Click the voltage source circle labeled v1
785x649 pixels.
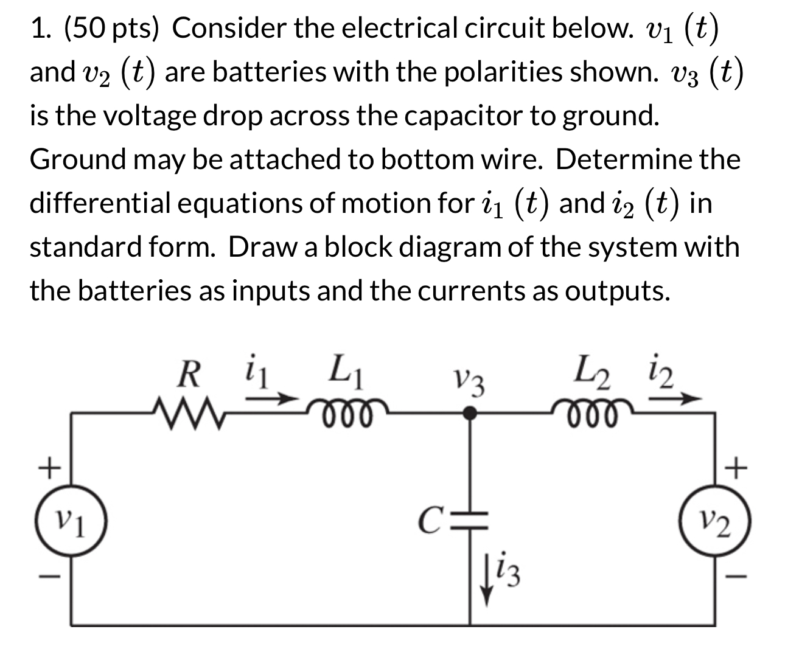[x=71, y=522]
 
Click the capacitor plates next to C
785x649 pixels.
[x=470, y=521]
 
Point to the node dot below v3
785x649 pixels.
[x=469, y=414]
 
